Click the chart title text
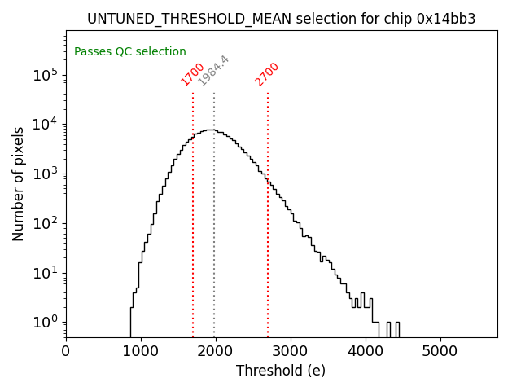(281, 18)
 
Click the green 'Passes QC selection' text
(130, 51)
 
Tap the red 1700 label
(192, 74)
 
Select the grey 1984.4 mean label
(214, 71)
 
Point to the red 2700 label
(267, 74)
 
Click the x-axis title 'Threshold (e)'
(281, 371)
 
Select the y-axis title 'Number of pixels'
(19, 183)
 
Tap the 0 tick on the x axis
(66, 351)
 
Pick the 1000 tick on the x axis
(141, 351)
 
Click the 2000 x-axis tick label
(216, 351)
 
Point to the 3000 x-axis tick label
(291, 351)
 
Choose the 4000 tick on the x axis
(366, 351)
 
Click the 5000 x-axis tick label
(440, 351)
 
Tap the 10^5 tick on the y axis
(46, 75)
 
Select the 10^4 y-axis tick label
(46, 125)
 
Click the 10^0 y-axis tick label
(46, 323)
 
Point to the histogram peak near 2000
(210, 130)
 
